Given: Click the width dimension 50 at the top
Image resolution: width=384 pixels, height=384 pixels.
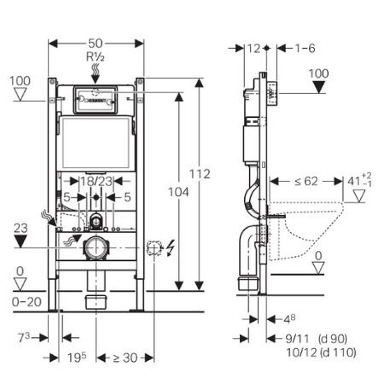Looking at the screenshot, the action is coord(96,44).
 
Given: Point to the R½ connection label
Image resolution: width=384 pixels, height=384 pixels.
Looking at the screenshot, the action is coord(96,57).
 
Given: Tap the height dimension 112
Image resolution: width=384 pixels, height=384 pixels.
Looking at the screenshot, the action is coord(200,174).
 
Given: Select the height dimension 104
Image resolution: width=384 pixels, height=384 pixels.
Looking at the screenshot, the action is coord(178,192).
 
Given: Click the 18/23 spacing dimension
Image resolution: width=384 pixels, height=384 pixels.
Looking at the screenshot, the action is coord(96,181).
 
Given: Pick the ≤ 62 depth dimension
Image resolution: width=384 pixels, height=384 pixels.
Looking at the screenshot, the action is coord(305,181).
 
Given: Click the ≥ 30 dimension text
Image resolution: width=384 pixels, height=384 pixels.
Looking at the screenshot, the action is coord(125,358).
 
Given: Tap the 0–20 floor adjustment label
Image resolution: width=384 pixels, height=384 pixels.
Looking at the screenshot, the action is coord(26,302).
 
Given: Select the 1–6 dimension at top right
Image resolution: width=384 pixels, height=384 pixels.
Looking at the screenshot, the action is coord(305,49).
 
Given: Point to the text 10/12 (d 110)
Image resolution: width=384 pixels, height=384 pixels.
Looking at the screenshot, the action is coord(321,352).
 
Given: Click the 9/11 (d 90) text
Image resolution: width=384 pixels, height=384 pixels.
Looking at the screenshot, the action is coord(317,339).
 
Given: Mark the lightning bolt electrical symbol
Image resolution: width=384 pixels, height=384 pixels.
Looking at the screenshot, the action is coord(171,248).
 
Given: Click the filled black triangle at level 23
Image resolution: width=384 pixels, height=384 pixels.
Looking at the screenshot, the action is coord(20,241).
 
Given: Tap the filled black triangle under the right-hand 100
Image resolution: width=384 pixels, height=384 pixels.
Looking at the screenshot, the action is coord(319,87).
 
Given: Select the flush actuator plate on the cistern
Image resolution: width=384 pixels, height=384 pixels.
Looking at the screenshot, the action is coord(96,100).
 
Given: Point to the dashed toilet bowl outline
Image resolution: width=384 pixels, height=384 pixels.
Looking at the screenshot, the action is coord(305,230).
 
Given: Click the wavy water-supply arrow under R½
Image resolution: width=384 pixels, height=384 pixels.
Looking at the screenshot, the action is coord(96,73).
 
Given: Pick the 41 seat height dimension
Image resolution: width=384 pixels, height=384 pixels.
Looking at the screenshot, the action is coord(359,181).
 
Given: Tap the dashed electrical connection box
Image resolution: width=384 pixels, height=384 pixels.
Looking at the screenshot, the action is coord(154,247).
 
